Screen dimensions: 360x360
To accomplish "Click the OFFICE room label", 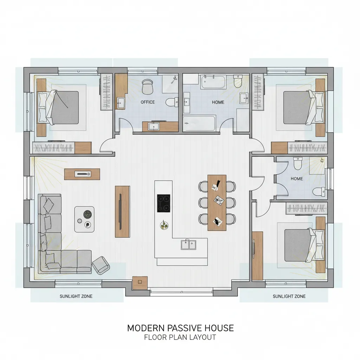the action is pyautogui.click(x=148, y=102).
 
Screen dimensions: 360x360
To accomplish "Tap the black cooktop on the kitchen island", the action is pyautogui.click(x=164, y=203).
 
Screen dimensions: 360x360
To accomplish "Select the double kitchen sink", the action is pyautogui.click(x=188, y=245).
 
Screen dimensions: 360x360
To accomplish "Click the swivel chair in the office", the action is pyautogui.click(x=147, y=86).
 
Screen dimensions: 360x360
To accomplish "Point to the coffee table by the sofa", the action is pyautogui.click(x=84, y=219).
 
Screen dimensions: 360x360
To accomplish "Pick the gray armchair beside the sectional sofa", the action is pyautogui.click(x=101, y=265).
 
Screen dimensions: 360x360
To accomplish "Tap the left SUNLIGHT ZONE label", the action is pyautogui.click(x=76, y=296).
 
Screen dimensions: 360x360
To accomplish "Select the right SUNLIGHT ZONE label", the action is pyautogui.click(x=289, y=296).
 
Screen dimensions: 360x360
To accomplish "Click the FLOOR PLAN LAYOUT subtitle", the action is pyautogui.click(x=180, y=337).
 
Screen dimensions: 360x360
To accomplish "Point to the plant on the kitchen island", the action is pyautogui.click(x=164, y=225).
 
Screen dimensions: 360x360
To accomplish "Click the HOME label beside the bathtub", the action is pyautogui.click(x=218, y=102).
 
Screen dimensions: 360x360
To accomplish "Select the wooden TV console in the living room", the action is pyautogui.click(x=82, y=174).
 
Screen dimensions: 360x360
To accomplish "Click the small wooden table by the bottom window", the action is pyautogui.click(x=140, y=283).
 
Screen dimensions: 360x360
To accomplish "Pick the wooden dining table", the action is pyautogui.click(x=217, y=202).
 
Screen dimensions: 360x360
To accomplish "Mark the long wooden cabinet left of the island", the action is pyautogui.click(x=122, y=211).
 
